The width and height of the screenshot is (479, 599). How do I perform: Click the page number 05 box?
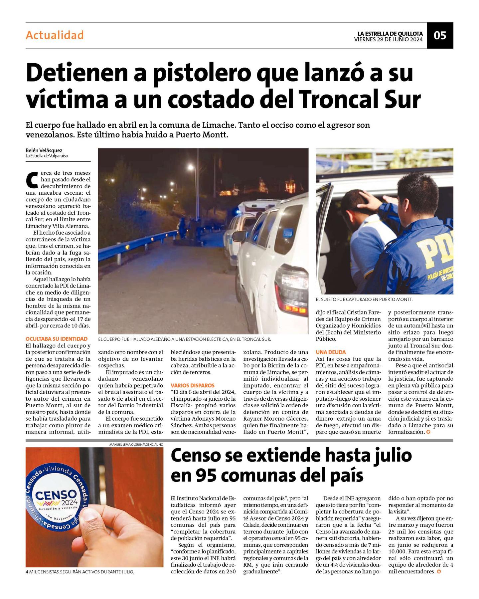coord(440,35)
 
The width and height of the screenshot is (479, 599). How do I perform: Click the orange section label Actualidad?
coord(55,35)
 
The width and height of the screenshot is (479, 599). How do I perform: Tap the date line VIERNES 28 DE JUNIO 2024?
coord(388,40)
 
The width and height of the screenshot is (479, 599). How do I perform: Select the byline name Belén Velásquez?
coord(44,150)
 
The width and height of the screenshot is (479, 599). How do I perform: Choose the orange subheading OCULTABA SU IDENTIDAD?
coord(57,339)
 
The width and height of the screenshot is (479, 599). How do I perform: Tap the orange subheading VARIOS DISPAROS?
coord(193,385)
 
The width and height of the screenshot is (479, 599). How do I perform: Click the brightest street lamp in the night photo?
coord(191,167)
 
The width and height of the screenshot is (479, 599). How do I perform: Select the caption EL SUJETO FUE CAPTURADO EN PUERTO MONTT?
coord(364,299)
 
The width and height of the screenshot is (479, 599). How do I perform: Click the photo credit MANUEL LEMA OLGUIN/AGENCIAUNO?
coord(136,445)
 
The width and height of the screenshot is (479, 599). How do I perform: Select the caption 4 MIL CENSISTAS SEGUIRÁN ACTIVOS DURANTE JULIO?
coord(80,572)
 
